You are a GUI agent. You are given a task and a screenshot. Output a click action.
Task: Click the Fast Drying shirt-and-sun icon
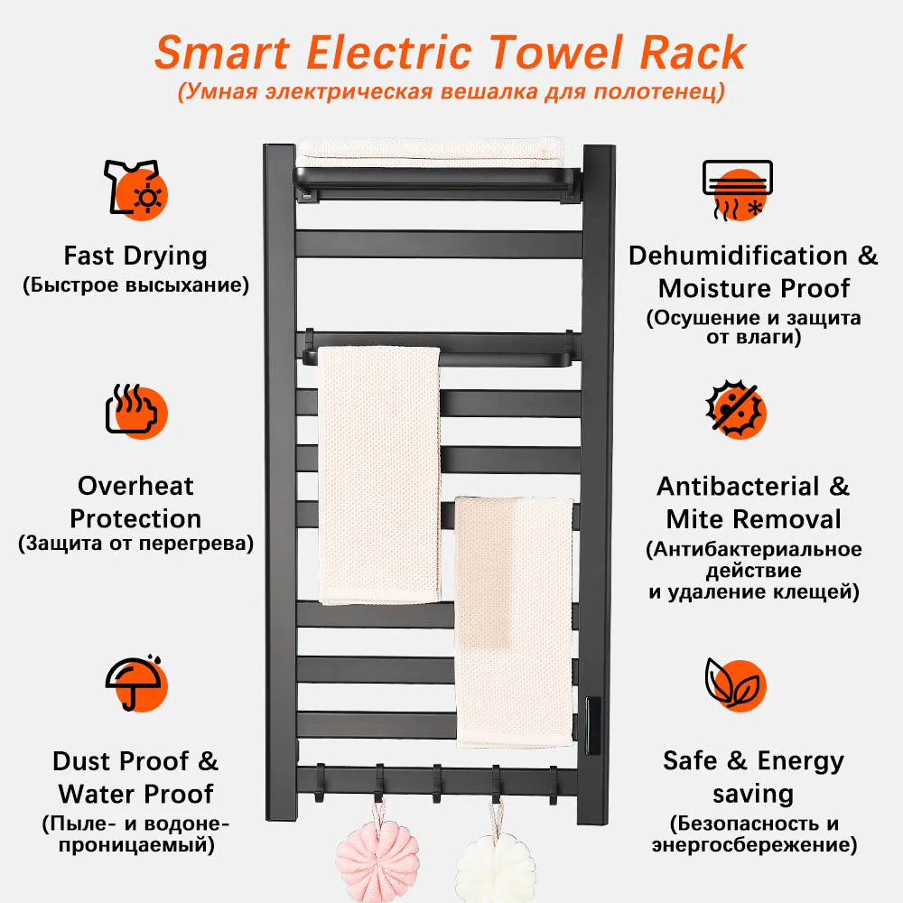(135, 188)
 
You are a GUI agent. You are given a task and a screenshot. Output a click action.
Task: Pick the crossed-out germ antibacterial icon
(735, 412)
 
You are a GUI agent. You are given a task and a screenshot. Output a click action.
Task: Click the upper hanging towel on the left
(379, 474)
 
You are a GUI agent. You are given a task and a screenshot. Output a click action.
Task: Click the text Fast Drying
(135, 256)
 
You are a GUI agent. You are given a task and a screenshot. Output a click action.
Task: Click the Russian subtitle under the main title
(451, 92)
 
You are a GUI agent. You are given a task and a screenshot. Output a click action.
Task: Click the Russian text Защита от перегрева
(135, 544)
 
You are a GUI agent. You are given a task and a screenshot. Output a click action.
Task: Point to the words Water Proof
(135, 794)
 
